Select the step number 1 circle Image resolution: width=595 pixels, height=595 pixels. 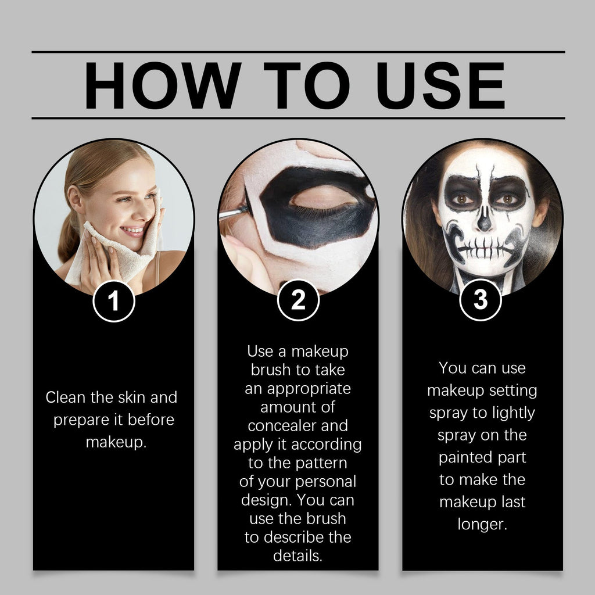(114, 301)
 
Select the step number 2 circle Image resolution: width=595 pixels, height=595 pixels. (297, 301)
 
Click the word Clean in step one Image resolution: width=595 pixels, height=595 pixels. (65, 398)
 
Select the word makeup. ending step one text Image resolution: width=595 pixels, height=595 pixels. (116, 442)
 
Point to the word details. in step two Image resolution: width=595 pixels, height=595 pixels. (297, 556)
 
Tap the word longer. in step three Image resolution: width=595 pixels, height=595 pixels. (482, 524)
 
